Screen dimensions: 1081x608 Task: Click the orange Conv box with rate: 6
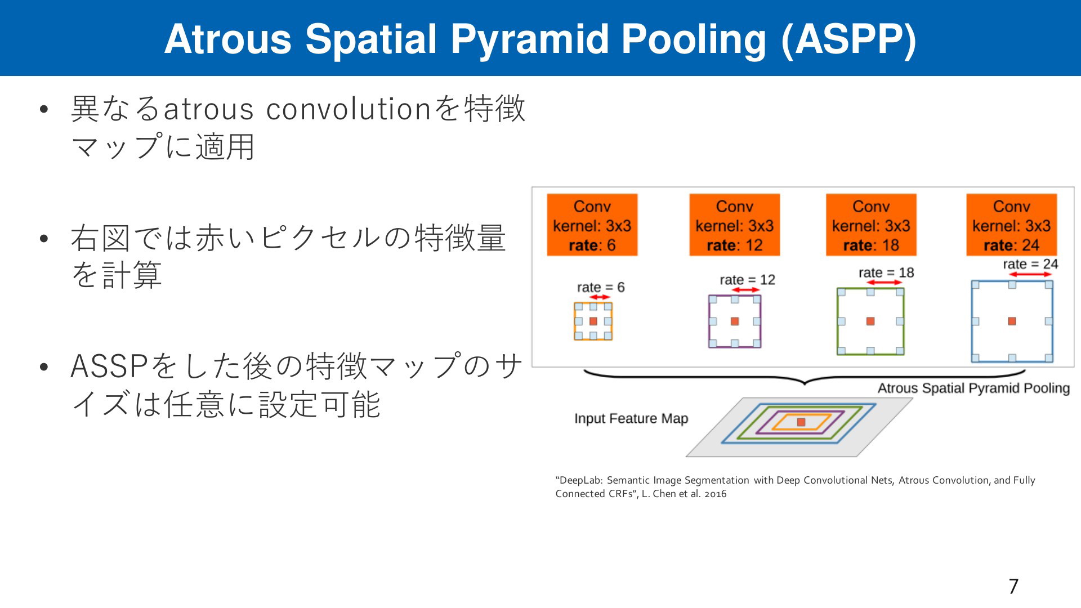click(592, 225)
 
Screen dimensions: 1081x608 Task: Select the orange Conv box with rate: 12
click(735, 225)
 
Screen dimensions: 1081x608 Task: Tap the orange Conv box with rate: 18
click(871, 225)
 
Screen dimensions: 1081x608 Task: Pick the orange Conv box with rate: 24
click(1012, 225)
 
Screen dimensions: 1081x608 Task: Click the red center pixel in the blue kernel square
click(1012, 321)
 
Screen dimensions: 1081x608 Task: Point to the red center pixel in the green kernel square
click(870, 321)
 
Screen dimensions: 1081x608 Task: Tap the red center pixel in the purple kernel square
click(735, 321)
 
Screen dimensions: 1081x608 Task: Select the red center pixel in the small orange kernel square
click(593, 321)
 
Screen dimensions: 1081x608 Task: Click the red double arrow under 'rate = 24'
click(1030, 274)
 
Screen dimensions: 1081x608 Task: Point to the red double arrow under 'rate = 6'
click(600, 297)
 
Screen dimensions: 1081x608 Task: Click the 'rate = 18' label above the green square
click(886, 273)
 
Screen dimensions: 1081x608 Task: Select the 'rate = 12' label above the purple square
click(747, 280)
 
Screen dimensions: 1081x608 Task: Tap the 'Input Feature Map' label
click(631, 418)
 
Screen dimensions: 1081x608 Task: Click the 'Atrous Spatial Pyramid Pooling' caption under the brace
click(973, 388)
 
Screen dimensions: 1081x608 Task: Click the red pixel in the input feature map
click(801, 422)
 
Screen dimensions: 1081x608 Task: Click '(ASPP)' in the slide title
click(848, 40)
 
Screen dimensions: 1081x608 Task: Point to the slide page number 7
click(1013, 587)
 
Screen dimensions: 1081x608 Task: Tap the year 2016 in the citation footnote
click(715, 494)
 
